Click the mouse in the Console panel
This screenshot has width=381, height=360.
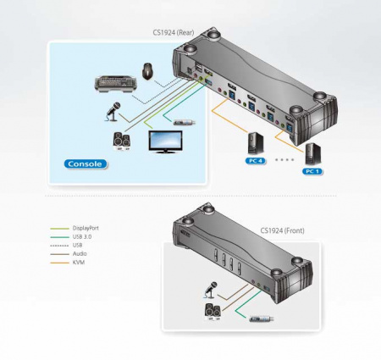(x=148, y=71)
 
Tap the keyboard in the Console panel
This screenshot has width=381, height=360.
(x=115, y=84)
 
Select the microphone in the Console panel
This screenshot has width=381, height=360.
(x=113, y=112)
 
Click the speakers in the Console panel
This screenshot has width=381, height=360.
(x=122, y=141)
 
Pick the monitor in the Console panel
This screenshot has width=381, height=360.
(x=165, y=141)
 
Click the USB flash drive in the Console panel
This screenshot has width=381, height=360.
(x=185, y=123)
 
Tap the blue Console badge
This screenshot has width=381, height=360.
(x=86, y=164)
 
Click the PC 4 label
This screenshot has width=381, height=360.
(x=256, y=161)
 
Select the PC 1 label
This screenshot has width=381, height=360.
(x=312, y=171)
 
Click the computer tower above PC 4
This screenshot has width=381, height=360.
(x=256, y=144)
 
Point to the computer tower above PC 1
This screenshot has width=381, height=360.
(x=313, y=154)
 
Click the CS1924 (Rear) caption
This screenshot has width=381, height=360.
(x=174, y=32)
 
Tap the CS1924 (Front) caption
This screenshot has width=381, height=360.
(x=282, y=230)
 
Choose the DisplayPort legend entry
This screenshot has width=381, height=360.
(x=86, y=228)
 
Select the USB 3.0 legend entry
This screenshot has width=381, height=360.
(x=82, y=236)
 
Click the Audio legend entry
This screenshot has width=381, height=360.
(x=80, y=253)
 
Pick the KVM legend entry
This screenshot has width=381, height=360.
(x=79, y=263)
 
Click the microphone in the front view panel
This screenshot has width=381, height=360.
(x=210, y=290)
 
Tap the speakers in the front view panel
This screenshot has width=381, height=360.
(x=213, y=313)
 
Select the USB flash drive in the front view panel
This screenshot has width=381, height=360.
(x=262, y=319)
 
